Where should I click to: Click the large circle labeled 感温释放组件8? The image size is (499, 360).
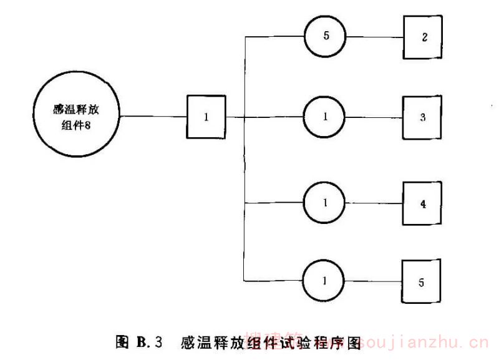pyautogui.click(x=76, y=117)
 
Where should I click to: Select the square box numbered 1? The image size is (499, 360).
pyautogui.click(x=206, y=117)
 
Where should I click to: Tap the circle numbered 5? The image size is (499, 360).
pyautogui.click(x=326, y=36)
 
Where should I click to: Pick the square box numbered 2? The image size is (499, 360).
pyautogui.click(x=424, y=36)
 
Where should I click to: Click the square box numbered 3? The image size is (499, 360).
pyautogui.click(x=424, y=117)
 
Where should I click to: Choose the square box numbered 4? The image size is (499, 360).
pyautogui.click(x=424, y=203)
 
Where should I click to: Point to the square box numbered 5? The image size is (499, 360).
pyautogui.click(x=422, y=283)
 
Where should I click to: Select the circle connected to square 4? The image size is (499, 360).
pyautogui.click(x=326, y=203)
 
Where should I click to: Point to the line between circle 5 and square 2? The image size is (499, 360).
pyautogui.click(x=375, y=36)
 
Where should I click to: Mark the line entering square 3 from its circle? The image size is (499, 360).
pyautogui.click(x=375, y=117)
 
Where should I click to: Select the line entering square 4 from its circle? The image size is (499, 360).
pyautogui.click(x=375, y=203)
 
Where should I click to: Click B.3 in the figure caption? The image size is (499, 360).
pyautogui.click(x=150, y=342)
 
